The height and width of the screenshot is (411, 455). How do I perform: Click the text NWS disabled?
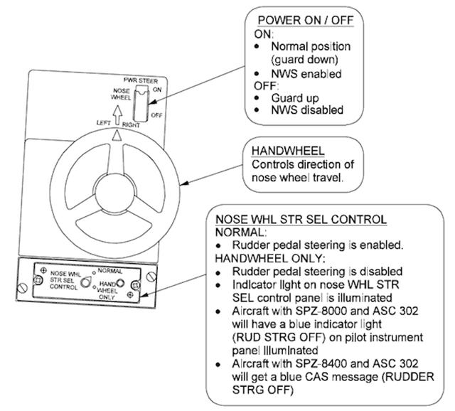293,110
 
